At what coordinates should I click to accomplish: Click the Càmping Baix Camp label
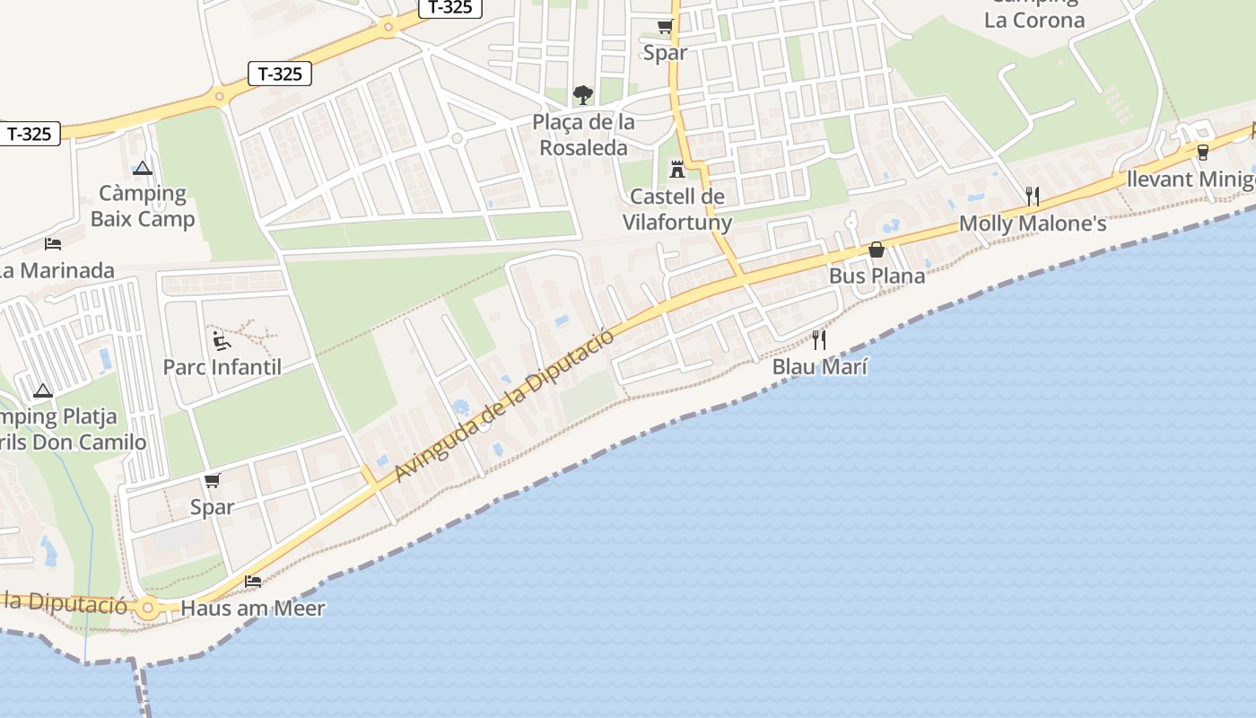pos(143,206)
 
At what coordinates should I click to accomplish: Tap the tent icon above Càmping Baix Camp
pos(143,168)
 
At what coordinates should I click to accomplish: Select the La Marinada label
pos(56,270)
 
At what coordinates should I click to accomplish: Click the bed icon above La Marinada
pos(53,243)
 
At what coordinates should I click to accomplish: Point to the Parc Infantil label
pos(222,366)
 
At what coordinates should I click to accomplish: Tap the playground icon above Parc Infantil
pos(221,340)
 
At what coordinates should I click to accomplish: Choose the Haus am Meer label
pos(253,608)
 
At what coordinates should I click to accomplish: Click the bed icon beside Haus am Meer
pos(253,582)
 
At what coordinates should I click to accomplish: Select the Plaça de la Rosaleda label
pos(583,135)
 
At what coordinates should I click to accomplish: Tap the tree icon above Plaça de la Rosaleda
pos(583,94)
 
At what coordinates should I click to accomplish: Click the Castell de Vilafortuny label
pos(677,209)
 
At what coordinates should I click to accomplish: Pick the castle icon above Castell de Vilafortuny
pos(677,169)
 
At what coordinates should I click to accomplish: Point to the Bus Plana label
pos(877,276)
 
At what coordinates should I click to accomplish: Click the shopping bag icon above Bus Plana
pos(877,250)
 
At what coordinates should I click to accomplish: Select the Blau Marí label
pos(820,366)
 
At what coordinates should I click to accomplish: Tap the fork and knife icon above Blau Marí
pos(818,339)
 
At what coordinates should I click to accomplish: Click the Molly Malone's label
pos(1033,223)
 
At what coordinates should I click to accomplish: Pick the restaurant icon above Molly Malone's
pos(1033,196)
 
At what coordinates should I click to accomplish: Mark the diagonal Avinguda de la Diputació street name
pos(505,405)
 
